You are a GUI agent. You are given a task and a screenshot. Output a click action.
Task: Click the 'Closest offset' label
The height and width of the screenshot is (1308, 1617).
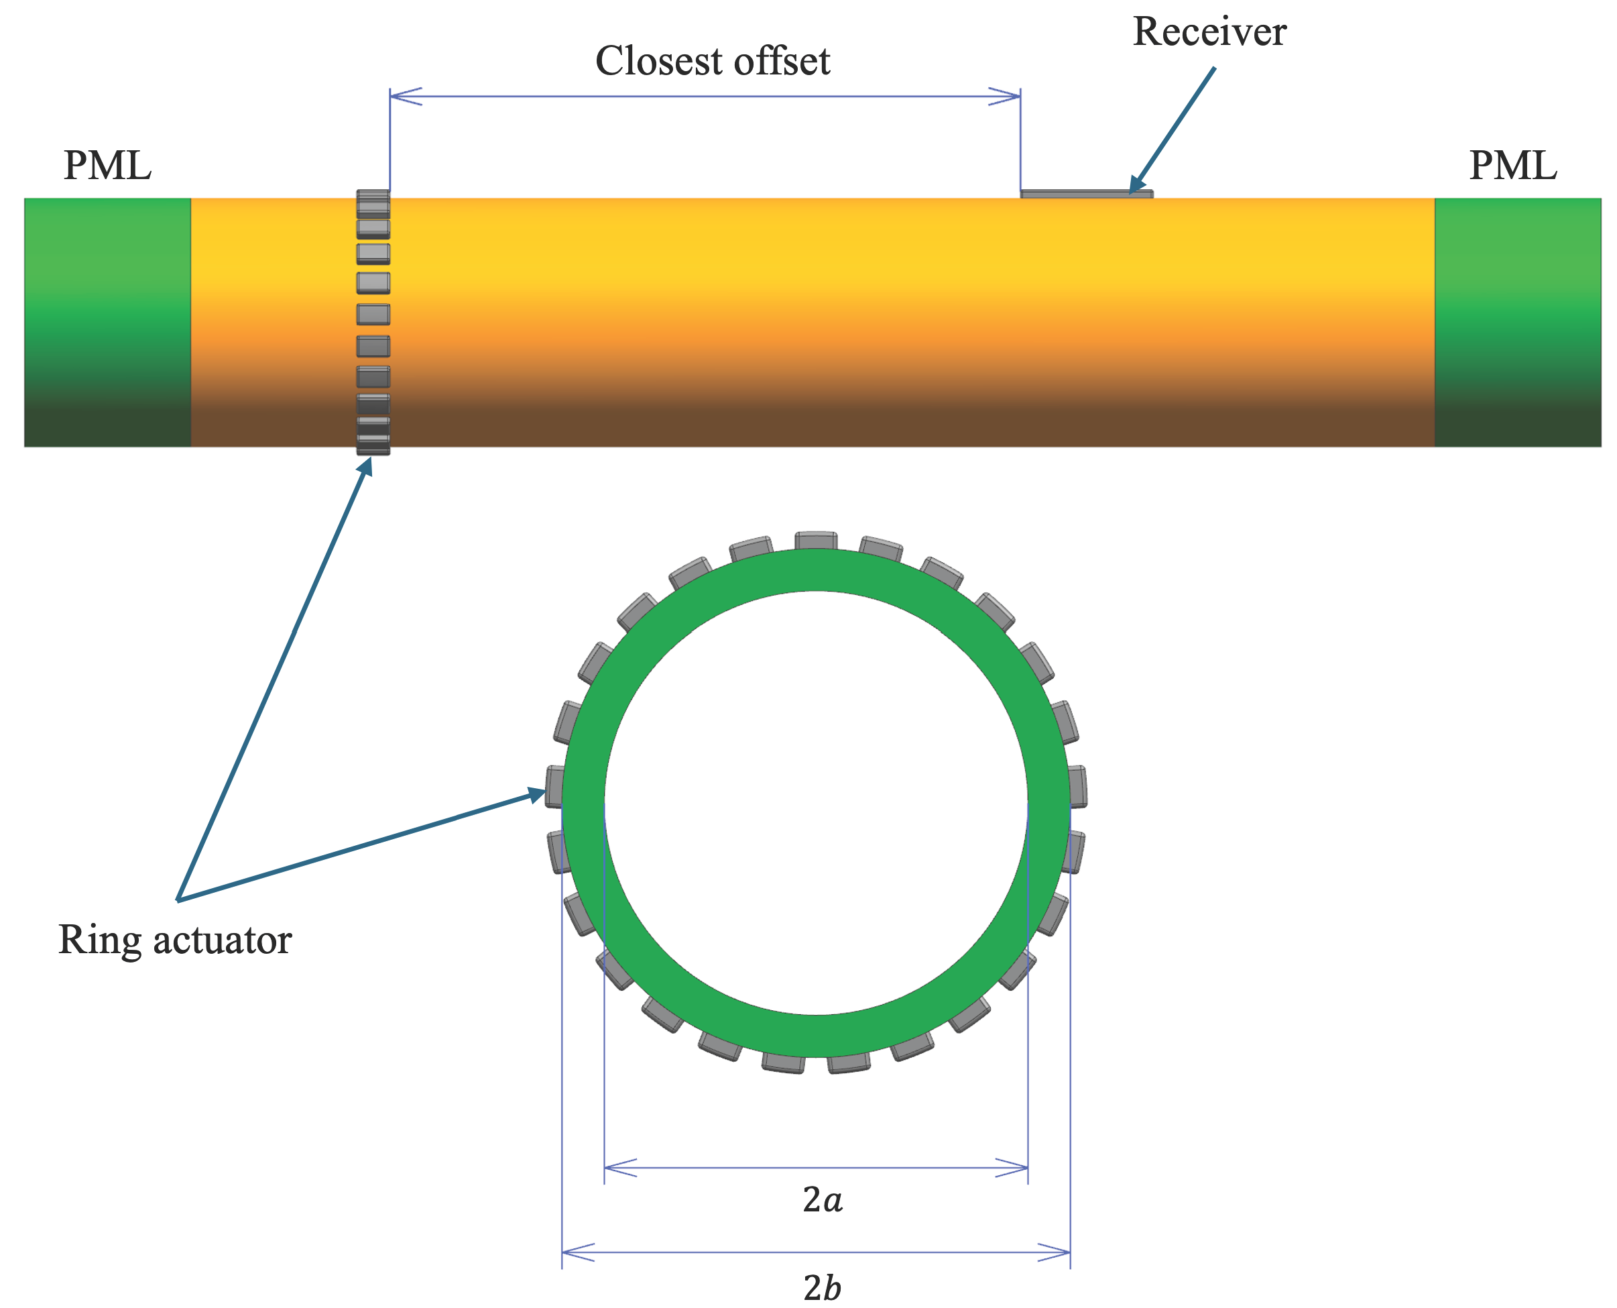click(712, 60)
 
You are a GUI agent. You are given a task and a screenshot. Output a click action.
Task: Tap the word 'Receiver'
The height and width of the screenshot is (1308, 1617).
click(1209, 32)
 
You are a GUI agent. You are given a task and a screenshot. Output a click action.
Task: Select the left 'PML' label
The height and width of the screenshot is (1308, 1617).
click(108, 165)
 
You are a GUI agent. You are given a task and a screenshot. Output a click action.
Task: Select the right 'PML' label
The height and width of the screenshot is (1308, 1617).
click(1512, 165)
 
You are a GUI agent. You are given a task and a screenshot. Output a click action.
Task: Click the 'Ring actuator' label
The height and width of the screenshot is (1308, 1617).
click(175, 940)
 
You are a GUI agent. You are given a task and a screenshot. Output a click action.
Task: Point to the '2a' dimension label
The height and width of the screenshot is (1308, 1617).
click(823, 1199)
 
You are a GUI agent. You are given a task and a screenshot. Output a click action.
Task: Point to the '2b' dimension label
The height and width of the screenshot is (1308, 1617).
click(823, 1287)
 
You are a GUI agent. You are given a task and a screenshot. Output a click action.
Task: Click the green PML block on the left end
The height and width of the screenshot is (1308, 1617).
click(107, 323)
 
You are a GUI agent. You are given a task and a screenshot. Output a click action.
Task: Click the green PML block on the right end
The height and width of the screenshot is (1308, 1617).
click(1517, 323)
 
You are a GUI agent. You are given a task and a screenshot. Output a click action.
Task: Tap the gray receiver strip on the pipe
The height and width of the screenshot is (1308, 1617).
click(1085, 195)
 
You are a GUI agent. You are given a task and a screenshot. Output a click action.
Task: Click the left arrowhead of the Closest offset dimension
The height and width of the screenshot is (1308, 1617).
click(403, 97)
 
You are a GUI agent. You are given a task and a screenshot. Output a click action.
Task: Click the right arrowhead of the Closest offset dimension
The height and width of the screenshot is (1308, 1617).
click(1007, 97)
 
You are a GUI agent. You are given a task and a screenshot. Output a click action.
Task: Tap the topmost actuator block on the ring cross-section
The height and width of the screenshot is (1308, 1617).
click(817, 541)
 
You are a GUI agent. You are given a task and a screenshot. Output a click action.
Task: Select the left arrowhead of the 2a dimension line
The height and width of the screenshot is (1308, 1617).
click(617, 1168)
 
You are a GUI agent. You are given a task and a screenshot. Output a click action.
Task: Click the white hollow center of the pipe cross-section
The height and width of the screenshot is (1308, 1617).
click(816, 803)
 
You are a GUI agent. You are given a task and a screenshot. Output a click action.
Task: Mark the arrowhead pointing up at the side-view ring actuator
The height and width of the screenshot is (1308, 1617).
click(366, 467)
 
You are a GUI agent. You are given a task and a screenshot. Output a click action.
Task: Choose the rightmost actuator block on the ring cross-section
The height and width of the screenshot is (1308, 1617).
click(1077, 787)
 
